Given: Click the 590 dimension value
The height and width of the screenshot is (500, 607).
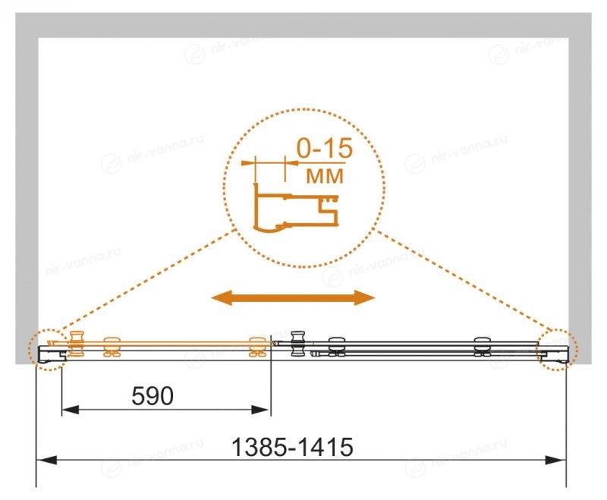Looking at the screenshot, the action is (x=153, y=396).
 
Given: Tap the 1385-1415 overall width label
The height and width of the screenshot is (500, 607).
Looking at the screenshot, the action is (x=292, y=448).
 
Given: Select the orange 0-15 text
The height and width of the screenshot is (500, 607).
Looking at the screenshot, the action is (x=325, y=148).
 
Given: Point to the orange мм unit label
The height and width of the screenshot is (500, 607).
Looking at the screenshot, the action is (x=325, y=176).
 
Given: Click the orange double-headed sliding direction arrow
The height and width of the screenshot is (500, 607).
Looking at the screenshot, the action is (x=293, y=297).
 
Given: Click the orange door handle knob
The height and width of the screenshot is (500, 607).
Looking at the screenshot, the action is (x=77, y=344).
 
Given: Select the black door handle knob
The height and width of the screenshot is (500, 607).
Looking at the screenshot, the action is (x=298, y=344).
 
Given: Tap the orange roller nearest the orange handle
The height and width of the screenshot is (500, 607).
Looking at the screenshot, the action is (x=112, y=346).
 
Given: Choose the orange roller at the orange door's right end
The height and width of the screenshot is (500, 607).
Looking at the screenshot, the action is (x=256, y=346).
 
